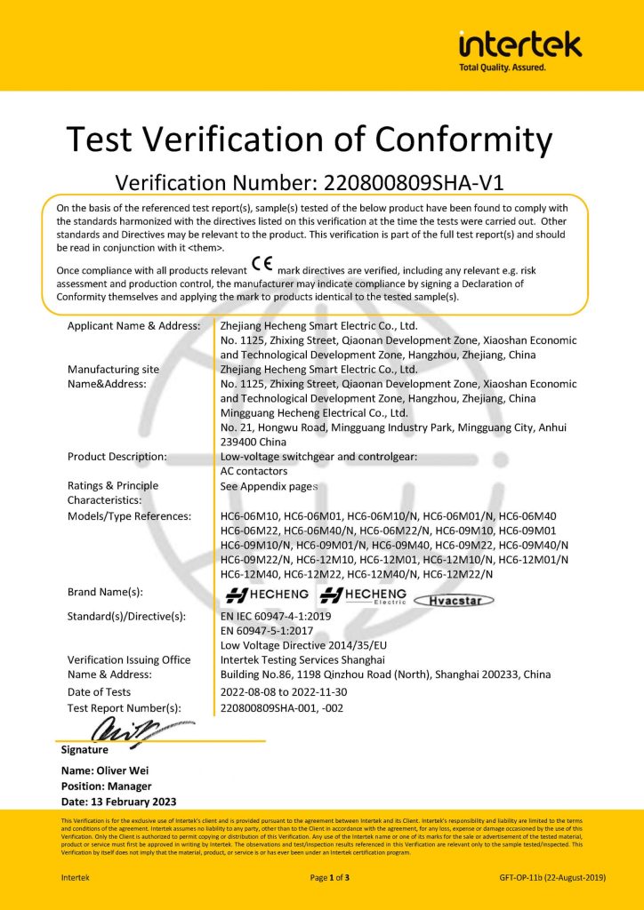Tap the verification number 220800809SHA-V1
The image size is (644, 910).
click(402, 182)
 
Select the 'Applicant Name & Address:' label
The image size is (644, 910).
click(133, 326)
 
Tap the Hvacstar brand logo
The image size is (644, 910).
click(455, 599)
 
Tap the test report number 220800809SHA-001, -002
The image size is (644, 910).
click(281, 707)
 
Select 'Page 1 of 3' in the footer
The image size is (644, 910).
click(329, 877)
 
